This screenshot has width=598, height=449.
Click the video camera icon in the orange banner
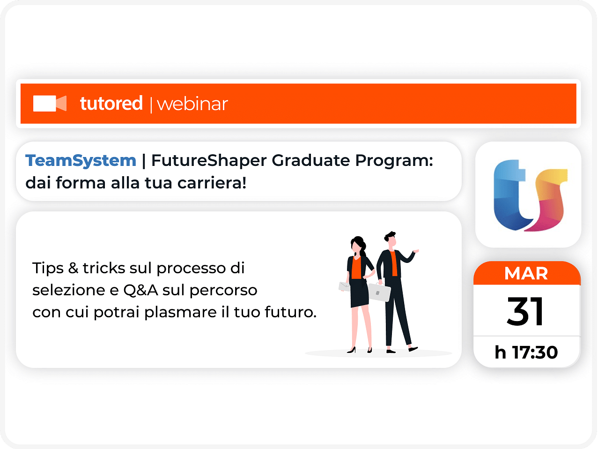(50, 103)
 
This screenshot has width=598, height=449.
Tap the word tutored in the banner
(111, 103)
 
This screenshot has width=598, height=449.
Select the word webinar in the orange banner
(192, 104)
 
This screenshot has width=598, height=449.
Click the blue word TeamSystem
(81, 160)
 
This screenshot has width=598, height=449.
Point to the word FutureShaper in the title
(209, 160)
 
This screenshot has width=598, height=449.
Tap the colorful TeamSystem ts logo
(531, 195)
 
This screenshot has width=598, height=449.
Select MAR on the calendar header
(526, 273)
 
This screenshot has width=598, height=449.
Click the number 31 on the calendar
(525, 311)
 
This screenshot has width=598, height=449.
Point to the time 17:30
(535, 352)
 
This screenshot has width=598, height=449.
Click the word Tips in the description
(48, 269)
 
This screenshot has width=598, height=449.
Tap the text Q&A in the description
(140, 290)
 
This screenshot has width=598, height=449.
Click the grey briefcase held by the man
(379, 292)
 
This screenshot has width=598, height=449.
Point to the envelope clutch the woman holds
(344, 286)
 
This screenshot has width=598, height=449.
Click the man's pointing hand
(416, 251)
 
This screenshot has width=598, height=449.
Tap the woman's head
(358, 245)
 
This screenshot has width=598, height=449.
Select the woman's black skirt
(359, 293)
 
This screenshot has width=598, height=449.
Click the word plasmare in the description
(180, 313)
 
